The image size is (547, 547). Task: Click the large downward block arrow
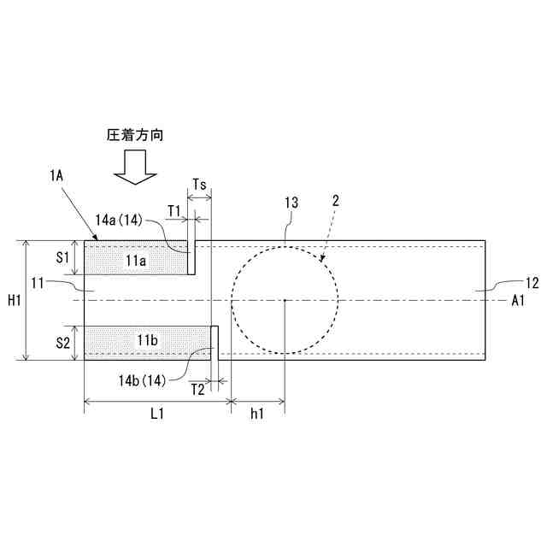(135, 168)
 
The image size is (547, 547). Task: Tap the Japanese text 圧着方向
(135, 135)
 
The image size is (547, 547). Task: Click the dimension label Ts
(199, 184)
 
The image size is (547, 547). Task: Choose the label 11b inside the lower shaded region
(148, 340)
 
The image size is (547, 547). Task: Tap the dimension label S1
(63, 257)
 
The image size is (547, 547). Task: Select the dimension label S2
(63, 343)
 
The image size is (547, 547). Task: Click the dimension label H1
(15, 300)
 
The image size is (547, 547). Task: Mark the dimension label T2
(198, 389)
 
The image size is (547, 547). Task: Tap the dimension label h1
(257, 414)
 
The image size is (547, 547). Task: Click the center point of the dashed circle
(285, 300)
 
